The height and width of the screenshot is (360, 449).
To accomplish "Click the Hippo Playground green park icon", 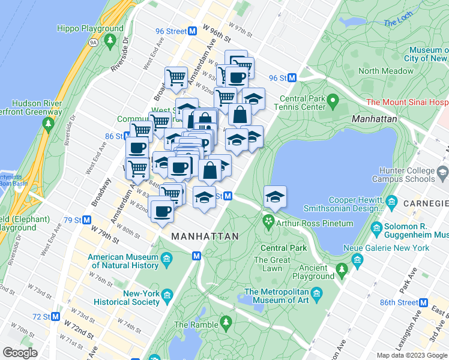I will coord(110,40).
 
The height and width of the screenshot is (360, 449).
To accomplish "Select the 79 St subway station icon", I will coord(87,220).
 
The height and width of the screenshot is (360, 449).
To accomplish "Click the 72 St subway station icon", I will coord(56,316).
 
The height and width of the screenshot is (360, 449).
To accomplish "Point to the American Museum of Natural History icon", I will coord(166,259).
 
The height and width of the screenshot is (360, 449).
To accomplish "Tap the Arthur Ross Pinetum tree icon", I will coord(268,223).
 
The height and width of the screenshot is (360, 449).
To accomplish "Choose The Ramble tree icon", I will coord(226,322).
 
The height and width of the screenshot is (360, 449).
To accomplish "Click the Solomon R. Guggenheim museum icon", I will coord(376,228).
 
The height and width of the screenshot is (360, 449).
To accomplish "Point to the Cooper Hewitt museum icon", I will coord(393,200).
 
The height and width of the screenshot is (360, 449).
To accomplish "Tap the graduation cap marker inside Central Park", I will coord(275,197).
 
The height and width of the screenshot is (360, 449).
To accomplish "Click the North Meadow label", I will coord(386,71).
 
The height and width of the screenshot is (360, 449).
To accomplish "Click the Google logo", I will coord(20,352).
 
